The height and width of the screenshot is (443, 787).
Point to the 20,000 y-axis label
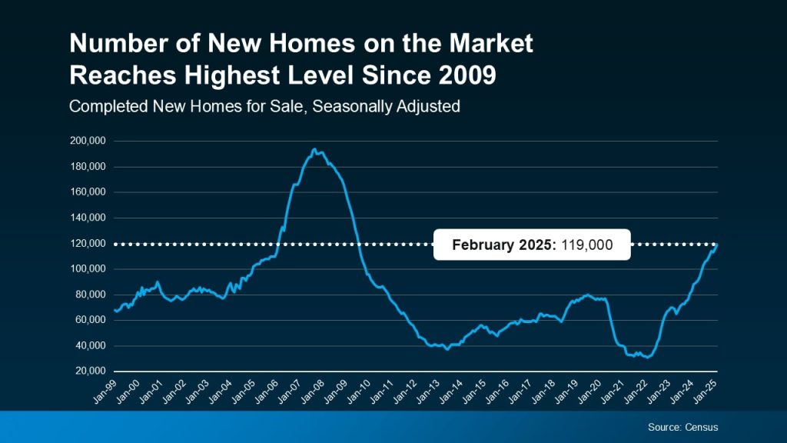pyautogui.click(x=88, y=371)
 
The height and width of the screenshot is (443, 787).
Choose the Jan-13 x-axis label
pyautogui.click(x=430, y=389)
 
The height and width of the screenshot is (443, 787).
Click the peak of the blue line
pyautogui.click(x=314, y=149)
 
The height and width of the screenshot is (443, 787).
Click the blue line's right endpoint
pyautogui.click(x=718, y=244)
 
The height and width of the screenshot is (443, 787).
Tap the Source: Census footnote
pyautogui.click(x=682, y=427)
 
